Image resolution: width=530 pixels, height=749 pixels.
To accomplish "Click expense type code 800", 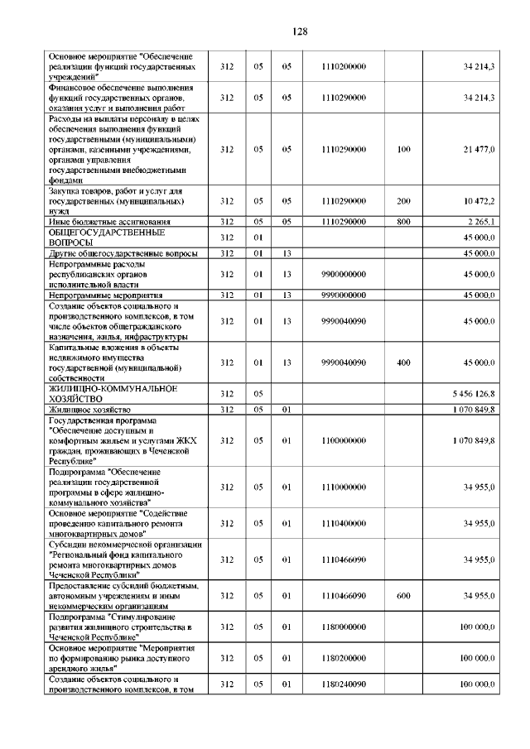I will point(403,222).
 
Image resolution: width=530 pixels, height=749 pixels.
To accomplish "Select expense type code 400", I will point(403,362).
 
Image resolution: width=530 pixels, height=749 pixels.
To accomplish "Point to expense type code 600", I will point(403,595).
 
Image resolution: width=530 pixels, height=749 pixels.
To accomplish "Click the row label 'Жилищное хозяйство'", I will point(89,409).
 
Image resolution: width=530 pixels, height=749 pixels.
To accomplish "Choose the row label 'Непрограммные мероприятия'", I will point(105,295).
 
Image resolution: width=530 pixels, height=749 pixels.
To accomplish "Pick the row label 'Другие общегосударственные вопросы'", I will point(123,253).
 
